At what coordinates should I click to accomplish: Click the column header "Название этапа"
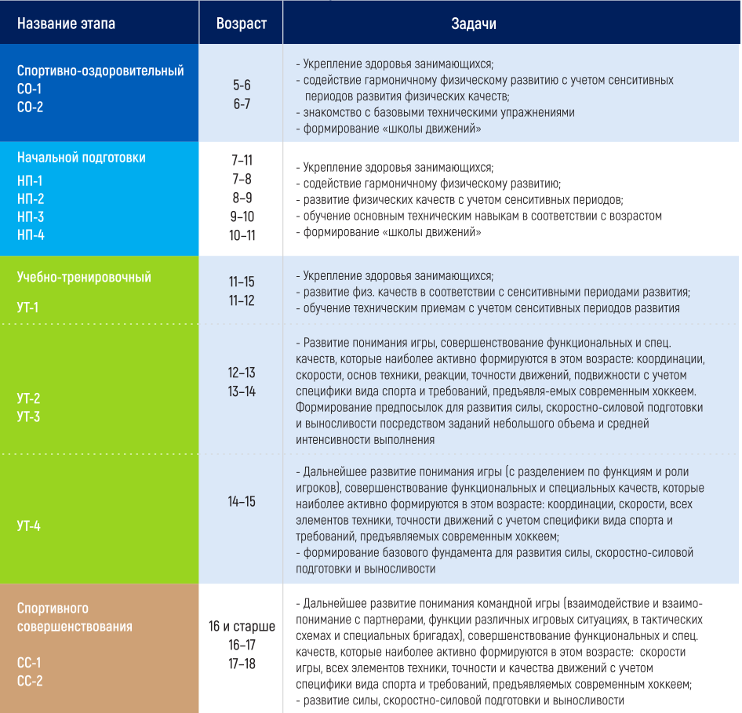66,24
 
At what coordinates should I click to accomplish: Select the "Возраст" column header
241,24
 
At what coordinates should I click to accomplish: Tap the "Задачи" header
473,24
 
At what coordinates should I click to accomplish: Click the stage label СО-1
30,89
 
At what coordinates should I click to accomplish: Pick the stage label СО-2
30,107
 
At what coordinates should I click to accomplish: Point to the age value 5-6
242,85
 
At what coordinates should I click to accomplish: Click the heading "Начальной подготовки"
82,158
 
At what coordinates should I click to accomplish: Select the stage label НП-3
31,217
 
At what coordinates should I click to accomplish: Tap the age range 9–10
242,216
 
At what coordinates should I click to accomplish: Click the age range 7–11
242,161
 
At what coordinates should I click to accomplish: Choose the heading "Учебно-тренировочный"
84,278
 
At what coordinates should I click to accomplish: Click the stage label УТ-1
28,307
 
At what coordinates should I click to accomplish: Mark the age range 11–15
242,282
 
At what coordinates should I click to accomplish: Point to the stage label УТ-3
28,417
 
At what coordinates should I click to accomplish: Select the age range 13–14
242,391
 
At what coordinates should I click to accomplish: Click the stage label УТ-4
28,526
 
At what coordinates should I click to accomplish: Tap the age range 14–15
242,502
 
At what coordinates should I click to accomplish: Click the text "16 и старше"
242,627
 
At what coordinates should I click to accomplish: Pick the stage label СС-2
30,681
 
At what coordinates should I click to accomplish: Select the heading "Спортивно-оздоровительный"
100,71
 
